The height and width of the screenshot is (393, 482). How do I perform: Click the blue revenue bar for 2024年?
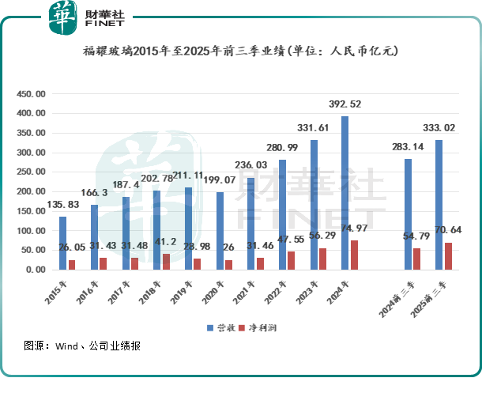(x=345, y=193)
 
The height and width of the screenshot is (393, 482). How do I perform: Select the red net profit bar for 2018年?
(x=166, y=262)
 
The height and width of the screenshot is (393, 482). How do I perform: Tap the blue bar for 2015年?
(x=62, y=243)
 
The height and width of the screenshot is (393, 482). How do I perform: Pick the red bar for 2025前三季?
(x=449, y=256)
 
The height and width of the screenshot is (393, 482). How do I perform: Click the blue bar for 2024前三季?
(x=409, y=214)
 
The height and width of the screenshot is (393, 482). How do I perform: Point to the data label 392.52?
(x=348, y=104)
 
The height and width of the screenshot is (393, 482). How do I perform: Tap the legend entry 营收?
(x=220, y=327)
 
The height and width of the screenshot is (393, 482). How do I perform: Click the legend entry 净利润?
(x=265, y=327)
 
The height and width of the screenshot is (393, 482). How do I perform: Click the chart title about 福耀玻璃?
(x=240, y=51)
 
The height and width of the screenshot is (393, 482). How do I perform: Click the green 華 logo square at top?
(x=62, y=17)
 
